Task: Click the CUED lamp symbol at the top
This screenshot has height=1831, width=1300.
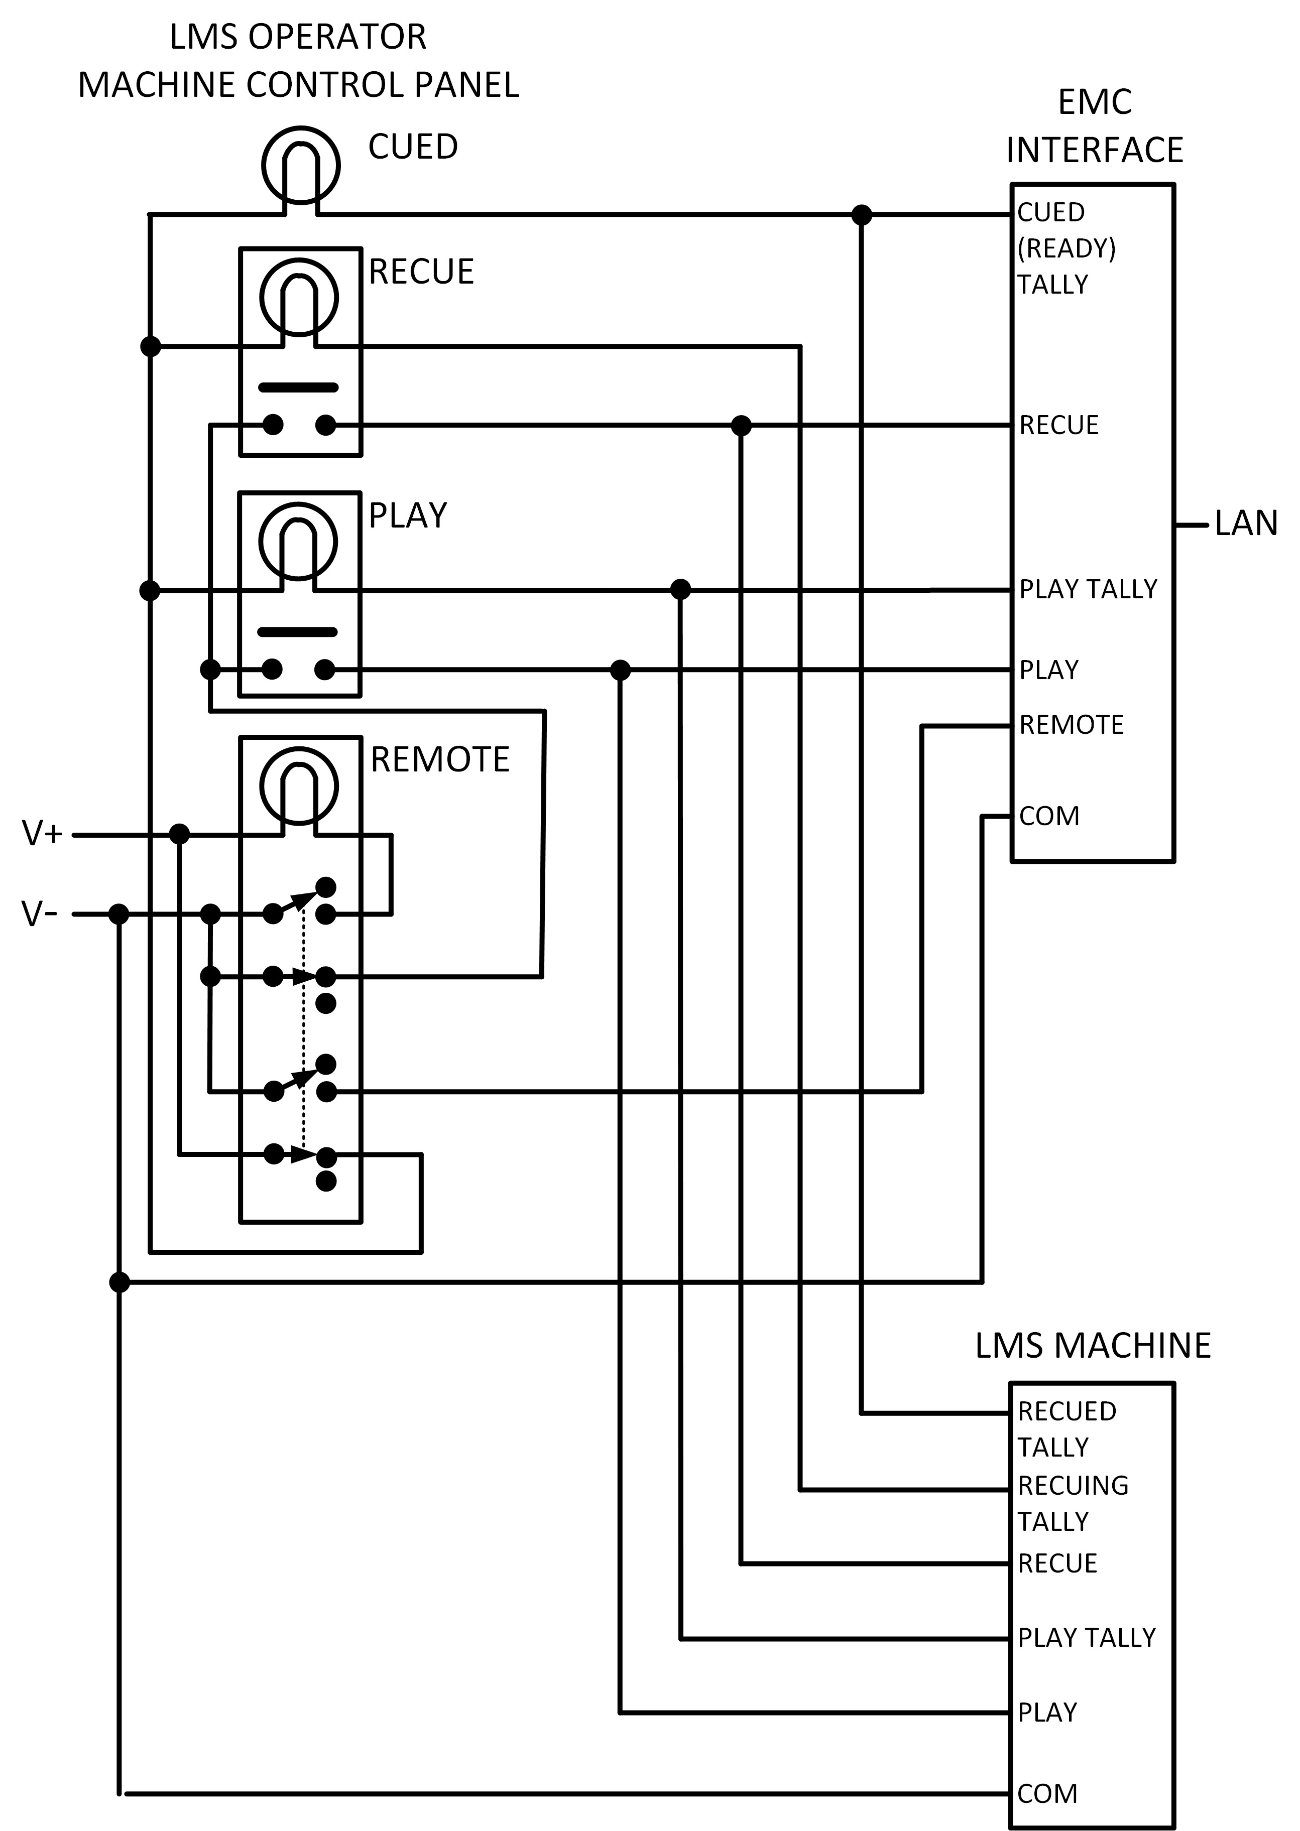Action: [301, 165]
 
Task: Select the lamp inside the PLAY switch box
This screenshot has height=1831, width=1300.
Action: [299, 542]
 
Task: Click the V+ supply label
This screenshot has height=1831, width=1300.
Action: [42, 834]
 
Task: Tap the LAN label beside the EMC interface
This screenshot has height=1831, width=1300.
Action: [1246, 524]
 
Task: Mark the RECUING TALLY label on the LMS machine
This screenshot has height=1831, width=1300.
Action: [1072, 1503]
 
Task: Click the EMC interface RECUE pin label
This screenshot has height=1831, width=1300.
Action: [1058, 425]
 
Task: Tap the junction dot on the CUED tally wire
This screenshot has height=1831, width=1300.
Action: [861, 214]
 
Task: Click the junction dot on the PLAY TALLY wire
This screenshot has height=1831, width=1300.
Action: [680, 590]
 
